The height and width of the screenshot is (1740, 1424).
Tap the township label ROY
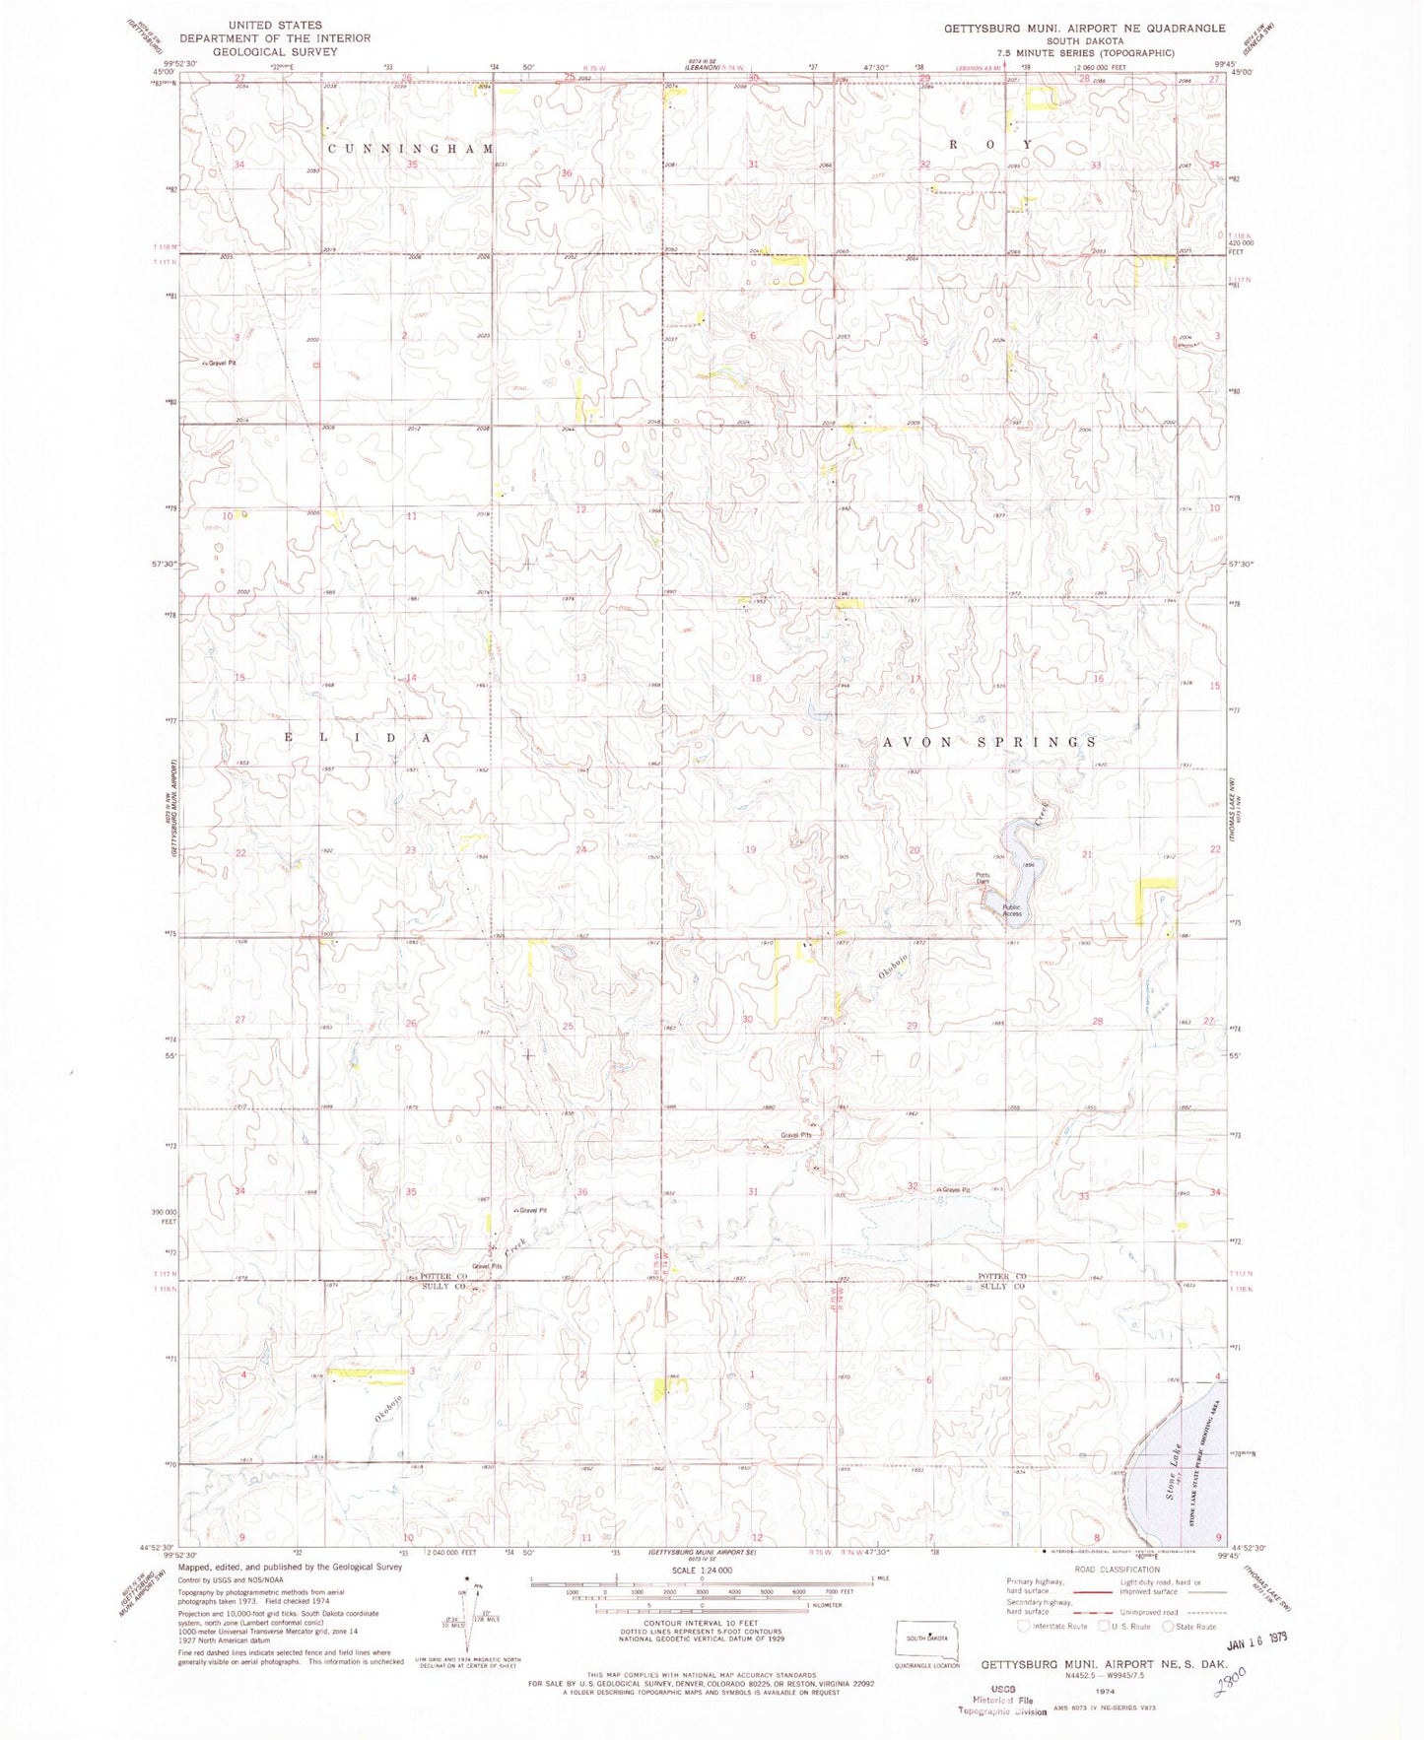pos(990,144)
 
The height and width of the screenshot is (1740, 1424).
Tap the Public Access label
pos(1012,910)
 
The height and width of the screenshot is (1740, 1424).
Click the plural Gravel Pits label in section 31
pos(796,1135)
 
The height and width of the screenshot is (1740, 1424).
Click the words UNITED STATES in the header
pos(274,25)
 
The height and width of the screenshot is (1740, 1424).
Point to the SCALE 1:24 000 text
pos(701,1570)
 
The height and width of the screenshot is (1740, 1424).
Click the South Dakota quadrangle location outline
pos(925,1640)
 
